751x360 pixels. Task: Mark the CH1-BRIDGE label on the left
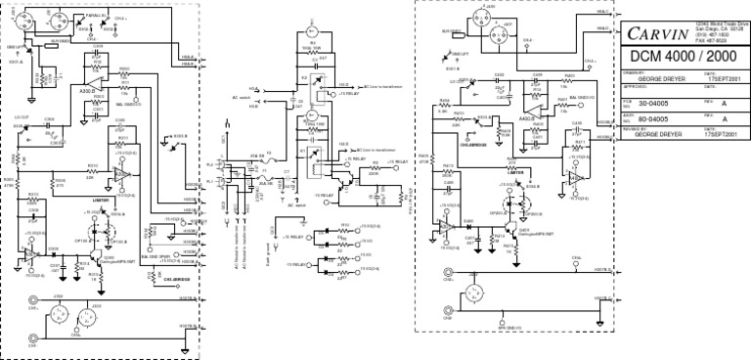(162, 278)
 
